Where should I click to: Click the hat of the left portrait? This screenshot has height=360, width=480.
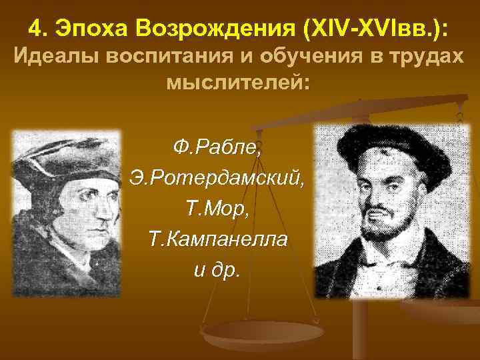click(x=67, y=157)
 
